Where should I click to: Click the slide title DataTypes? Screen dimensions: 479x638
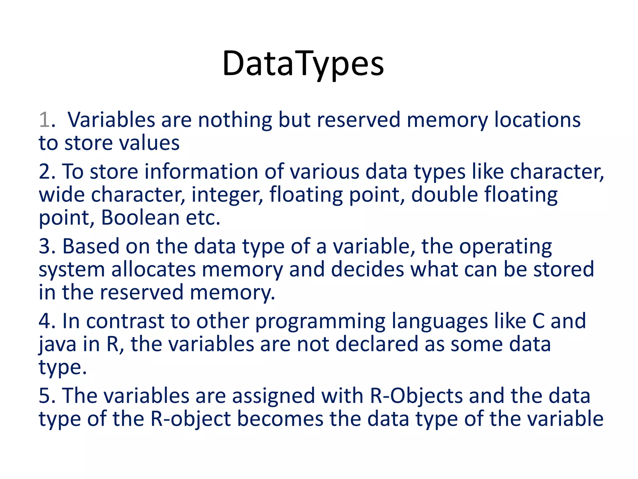click(303, 64)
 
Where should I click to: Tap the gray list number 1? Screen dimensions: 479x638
click(45, 120)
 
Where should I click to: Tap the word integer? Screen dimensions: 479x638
click(227, 195)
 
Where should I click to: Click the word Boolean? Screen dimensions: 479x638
click(140, 218)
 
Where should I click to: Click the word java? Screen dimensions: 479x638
click(58, 345)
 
